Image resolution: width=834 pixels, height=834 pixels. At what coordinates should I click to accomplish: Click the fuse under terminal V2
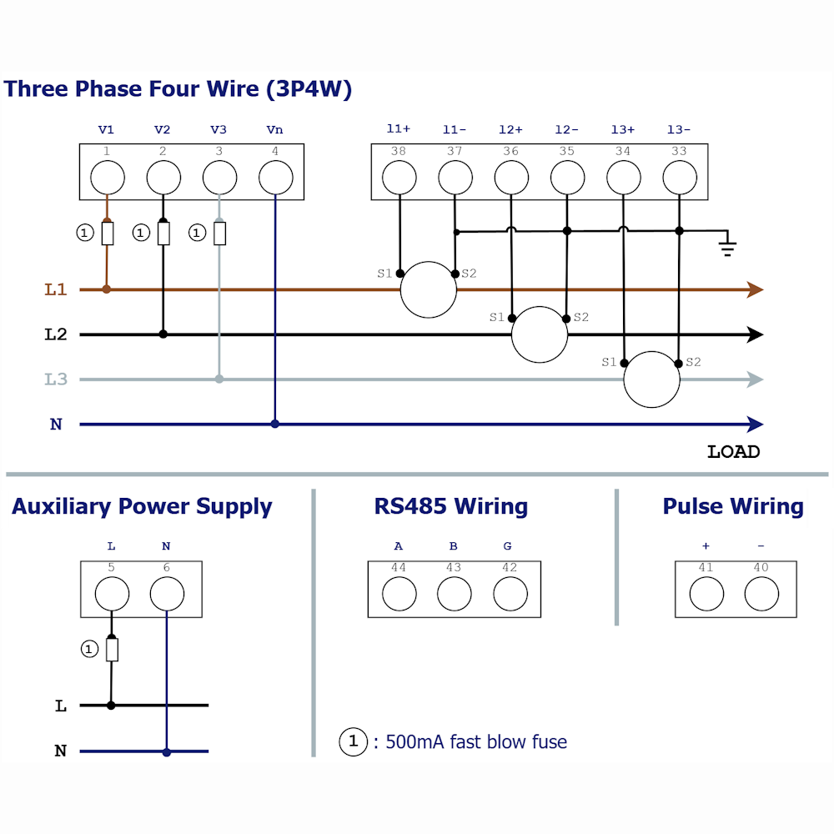click(x=163, y=234)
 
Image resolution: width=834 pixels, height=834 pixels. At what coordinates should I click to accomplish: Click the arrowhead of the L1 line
click(x=756, y=290)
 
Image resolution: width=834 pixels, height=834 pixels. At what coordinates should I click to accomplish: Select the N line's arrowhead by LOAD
click(x=756, y=425)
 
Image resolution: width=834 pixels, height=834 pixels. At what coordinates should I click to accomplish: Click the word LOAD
click(x=733, y=451)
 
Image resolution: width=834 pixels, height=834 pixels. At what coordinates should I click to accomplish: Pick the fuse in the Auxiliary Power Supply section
click(x=112, y=650)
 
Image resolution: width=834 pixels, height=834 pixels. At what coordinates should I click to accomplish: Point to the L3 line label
click(x=56, y=379)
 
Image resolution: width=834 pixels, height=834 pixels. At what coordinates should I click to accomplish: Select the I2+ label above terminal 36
click(x=510, y=129)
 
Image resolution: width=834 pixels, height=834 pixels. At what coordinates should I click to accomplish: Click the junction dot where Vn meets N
click(x=275, y=424)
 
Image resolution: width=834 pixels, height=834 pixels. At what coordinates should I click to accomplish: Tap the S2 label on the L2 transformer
click(x=580, y=317)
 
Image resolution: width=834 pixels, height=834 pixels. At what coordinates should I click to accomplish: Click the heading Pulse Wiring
click(x=733, y=506)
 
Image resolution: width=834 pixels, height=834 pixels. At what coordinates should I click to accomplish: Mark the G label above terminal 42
click(x=507, y=545)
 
